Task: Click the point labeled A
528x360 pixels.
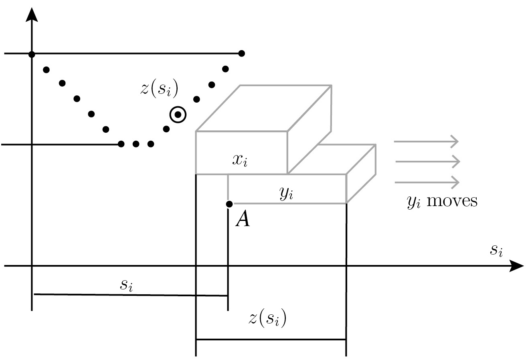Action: coord(229,204)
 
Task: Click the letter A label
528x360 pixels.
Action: coord(243,220)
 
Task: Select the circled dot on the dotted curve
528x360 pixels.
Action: coord(178,115)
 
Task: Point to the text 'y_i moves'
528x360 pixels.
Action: coord(442,201)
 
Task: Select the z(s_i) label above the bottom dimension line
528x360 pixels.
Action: coord(267,319)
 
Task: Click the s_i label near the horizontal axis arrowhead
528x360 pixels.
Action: coord(496,250)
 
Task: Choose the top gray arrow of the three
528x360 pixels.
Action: coord(426,142)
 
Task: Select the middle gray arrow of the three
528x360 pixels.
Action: coord(427,162)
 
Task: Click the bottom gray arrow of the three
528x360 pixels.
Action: coord(427,183)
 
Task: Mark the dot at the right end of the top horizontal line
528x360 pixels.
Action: coord(241,53)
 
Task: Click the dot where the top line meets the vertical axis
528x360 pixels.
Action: coord(32,54)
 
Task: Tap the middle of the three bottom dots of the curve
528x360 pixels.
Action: coord(136,144)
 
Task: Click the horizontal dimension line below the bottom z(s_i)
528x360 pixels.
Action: coord(271,340)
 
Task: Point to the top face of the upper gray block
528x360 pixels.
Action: coord(263,108)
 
